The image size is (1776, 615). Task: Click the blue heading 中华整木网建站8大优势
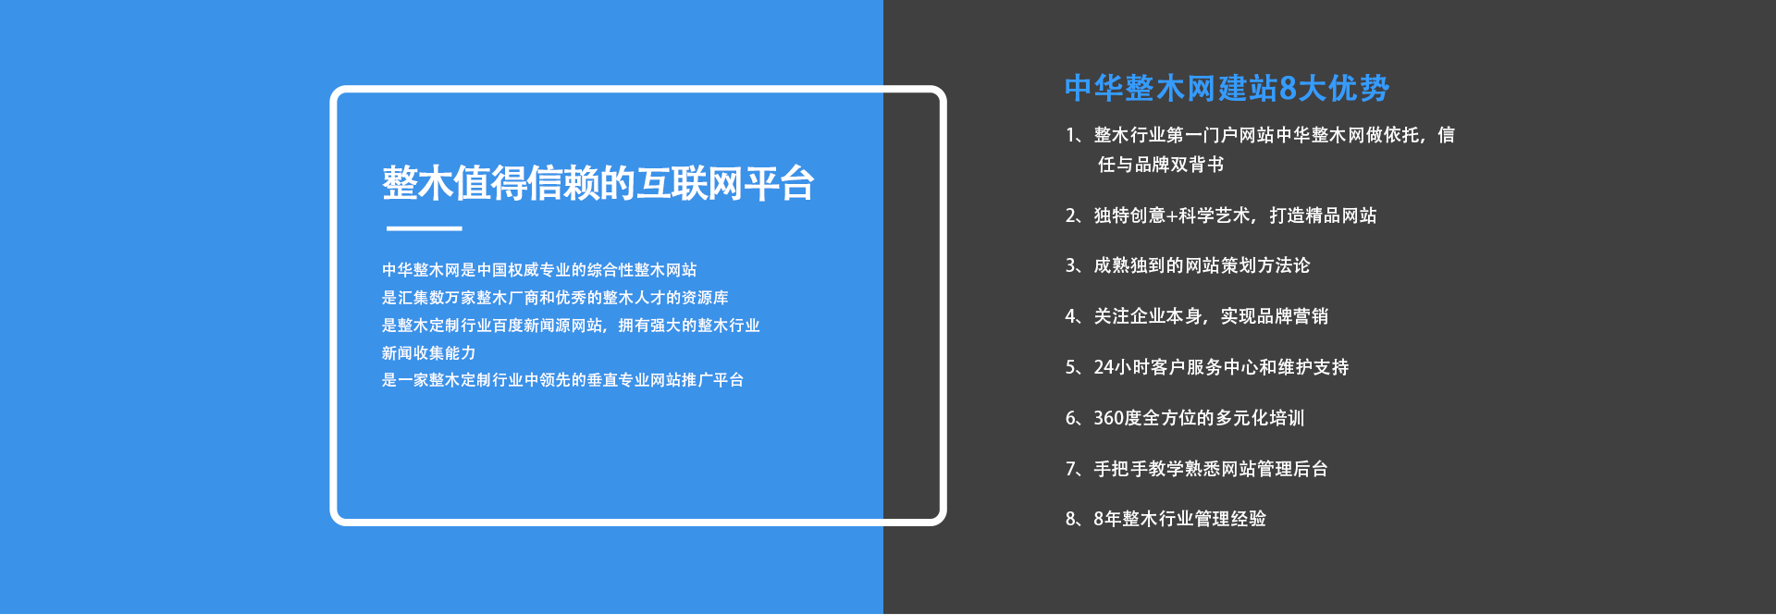point(1227,88)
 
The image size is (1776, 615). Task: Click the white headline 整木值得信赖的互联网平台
point(598,183)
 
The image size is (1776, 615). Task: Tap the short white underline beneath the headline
point(424,228)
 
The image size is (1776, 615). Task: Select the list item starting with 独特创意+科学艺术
point(1221,215)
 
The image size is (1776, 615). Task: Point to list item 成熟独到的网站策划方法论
point(1188,265)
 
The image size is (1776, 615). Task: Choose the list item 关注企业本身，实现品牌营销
point(1197,316)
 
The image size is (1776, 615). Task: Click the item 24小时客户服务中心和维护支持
point(1207,367)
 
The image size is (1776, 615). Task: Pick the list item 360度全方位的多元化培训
point(1185,418)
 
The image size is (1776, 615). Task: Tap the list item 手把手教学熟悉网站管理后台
point(1197,469)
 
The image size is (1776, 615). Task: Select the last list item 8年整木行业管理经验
point(1165,519)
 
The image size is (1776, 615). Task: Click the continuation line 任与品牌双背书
point(1161,165)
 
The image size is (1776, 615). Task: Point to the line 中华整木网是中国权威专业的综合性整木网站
point(539,270)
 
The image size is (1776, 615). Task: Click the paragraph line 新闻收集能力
point(429,353)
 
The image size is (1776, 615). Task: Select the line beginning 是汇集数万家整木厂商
point(555,298)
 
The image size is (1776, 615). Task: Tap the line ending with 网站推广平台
point(563,380)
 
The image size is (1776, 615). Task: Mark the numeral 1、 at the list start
point(1077,135)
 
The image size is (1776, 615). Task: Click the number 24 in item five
point(1104,367)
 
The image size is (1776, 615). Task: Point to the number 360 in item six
point(1109,418)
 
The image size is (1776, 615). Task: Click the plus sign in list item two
point(1171,216)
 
